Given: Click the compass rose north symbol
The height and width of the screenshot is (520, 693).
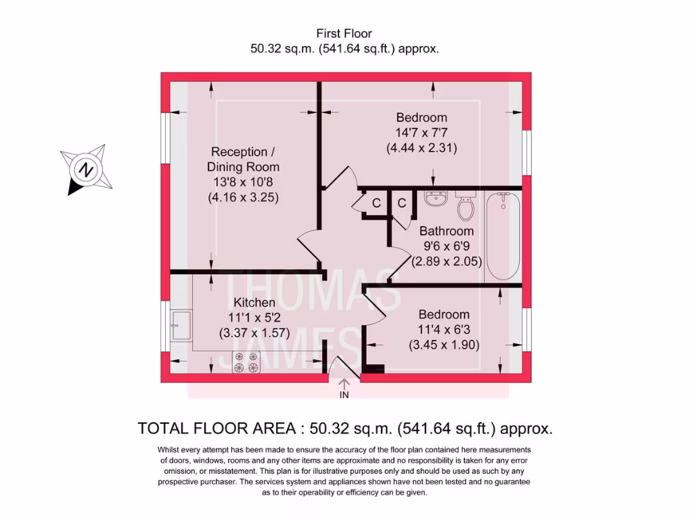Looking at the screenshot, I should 86,169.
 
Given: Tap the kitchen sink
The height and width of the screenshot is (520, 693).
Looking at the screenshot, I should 181,326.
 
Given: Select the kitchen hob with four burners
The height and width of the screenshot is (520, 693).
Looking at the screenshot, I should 246,362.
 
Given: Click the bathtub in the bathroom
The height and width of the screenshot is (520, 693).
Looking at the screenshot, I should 503,236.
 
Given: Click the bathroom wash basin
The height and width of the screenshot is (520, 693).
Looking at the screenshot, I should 436,199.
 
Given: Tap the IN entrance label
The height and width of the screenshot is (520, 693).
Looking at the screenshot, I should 344,395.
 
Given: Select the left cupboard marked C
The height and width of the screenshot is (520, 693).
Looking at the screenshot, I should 376,203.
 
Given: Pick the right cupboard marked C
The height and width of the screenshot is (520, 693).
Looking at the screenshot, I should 401,203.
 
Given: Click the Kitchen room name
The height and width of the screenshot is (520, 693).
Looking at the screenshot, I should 254,303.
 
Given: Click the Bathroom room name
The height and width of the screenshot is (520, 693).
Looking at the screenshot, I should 446,232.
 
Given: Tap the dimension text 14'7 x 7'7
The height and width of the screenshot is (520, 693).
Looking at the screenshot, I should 422,133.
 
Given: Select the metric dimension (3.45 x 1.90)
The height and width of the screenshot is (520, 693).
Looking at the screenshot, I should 444,345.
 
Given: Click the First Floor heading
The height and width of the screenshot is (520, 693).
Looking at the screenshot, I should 344,33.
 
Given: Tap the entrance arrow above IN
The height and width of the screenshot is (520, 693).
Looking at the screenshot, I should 344,383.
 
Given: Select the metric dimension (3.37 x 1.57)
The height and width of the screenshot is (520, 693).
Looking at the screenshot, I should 254,333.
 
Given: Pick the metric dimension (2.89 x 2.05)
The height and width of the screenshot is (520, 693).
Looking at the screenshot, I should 446,261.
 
